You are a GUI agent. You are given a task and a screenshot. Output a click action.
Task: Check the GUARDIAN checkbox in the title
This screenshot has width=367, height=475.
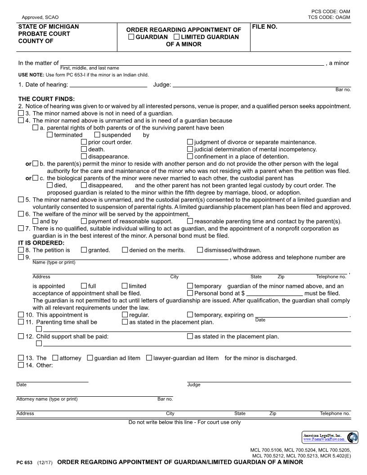click(x=131, y=37)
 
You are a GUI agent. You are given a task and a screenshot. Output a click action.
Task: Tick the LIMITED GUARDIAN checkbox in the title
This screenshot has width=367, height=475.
click(x=176, y=37)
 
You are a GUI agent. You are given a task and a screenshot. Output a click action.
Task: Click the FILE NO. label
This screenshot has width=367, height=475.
click(x=264, y=27)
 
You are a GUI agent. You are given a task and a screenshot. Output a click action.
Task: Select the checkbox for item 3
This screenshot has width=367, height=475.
click(x=21, y=113)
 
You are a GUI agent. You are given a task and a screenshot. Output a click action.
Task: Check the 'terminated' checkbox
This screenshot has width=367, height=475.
click(x=50, y=135)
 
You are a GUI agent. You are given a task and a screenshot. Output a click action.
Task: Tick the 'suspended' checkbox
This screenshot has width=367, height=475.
click(x=97, y=135)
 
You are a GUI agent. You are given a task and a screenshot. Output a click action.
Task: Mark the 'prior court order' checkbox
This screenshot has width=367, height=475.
click(x=84, y=142)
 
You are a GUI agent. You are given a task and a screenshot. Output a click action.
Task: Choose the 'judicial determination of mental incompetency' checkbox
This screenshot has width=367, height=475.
click(x=190, y=149)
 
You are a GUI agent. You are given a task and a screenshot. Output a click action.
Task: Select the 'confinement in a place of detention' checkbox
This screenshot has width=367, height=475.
click(x=190, y=157)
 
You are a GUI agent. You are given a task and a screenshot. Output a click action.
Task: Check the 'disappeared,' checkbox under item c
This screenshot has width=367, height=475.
click(x=84, y=185)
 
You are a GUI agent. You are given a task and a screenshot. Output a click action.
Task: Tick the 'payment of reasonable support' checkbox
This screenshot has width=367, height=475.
click(x=84, y=221)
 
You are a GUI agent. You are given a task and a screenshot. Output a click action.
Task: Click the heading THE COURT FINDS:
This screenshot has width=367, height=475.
click(x=46, y=99)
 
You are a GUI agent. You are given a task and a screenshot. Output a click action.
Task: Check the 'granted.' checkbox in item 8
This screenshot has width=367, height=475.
click(x=84, y=250)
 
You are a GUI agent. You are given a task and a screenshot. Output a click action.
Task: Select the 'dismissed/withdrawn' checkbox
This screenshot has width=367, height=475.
click(x=200, y=250)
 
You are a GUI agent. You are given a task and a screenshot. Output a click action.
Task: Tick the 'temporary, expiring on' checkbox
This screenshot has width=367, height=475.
click(x=190, y=315)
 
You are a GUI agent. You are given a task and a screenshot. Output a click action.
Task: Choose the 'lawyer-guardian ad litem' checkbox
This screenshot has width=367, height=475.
click(x=149, y=358)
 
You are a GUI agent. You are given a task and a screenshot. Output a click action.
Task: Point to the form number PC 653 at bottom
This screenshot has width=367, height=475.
click(x=24, y=462)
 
